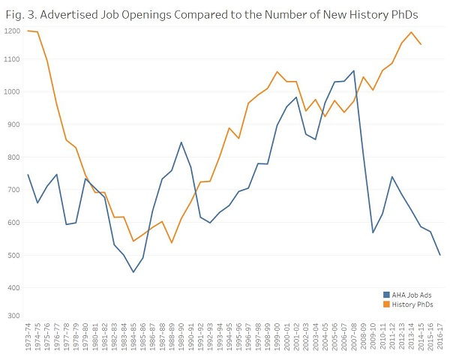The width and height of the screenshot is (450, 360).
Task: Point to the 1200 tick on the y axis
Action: (11, 30)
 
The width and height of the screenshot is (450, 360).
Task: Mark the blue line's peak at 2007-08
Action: (353, 70)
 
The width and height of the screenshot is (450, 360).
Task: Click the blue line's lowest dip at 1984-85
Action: (133, 271)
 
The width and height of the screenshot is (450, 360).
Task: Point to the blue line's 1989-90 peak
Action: (181, 142)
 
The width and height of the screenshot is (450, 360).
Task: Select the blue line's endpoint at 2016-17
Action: (439, 255)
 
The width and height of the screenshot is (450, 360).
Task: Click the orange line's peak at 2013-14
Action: (411, 32)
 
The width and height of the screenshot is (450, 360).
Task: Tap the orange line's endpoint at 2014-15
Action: (421, 45)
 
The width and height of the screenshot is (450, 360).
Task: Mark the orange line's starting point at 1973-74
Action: (28, 31)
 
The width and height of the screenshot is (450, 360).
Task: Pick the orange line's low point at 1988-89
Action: (171, 242)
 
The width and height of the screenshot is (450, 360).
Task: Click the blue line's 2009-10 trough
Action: (373, 232)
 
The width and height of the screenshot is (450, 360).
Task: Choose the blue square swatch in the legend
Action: (387, 294)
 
